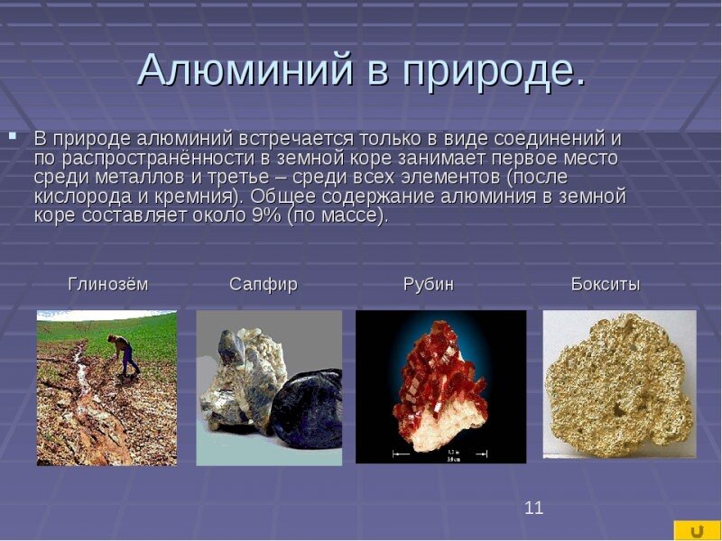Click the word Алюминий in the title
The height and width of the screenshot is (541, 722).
click(245, 70)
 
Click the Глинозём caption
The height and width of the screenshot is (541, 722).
click(108, 284)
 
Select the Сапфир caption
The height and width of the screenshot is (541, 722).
click(264, 285)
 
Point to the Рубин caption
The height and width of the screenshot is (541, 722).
click(429, 285)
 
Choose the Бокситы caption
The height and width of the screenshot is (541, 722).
click(606, 284)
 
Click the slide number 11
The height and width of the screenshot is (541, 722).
click(534, 508)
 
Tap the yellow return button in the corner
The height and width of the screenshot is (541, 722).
click(697, 530)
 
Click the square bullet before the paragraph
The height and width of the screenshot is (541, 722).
click(13, 136)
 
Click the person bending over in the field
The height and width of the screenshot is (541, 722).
click(123, 354)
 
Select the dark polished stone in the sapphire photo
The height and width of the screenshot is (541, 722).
click(307, 408)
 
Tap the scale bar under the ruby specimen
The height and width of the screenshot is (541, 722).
click(440, 454)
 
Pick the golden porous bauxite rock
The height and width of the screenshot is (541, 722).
click(618, 386)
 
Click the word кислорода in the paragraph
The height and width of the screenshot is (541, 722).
click(84, 197)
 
